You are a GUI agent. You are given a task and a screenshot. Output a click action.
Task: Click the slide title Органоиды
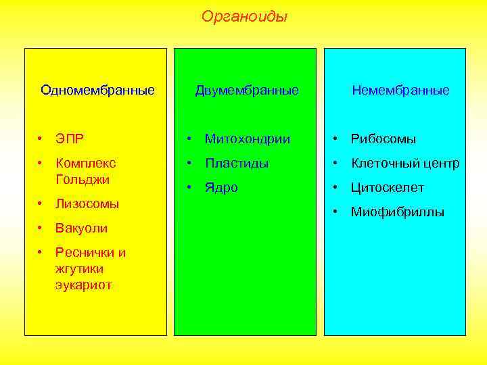pos(243,16)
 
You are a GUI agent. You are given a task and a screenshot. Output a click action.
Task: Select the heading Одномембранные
pos(97,90)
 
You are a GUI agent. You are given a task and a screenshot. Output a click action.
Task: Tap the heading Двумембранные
pos(247,90)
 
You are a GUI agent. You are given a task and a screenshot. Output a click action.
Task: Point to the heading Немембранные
pos(400,90)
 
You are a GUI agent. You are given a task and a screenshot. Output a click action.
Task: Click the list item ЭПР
pos(70,139)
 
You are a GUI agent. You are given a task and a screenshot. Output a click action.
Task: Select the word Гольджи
pos(83,180)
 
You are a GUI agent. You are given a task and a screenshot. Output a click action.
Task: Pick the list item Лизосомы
pos(87,203)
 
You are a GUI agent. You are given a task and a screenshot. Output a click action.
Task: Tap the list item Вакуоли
pos(81,228)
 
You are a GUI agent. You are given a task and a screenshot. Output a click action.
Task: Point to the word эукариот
pos(83,285)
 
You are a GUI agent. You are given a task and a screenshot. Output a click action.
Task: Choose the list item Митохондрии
pos(248,139)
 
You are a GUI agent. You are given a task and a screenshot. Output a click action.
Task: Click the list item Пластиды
pos(237,164)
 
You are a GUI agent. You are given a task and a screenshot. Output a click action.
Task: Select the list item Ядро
pos(222,188)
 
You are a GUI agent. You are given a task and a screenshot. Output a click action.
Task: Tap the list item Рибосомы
pos(383,139)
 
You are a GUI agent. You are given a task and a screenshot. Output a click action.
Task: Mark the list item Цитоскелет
pos(387,188)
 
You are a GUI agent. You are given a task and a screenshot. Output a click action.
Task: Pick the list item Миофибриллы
pos(397,212)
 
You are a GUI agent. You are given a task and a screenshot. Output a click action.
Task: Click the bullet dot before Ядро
pos(191,187)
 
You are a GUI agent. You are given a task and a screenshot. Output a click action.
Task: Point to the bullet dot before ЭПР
pos(41,139)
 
